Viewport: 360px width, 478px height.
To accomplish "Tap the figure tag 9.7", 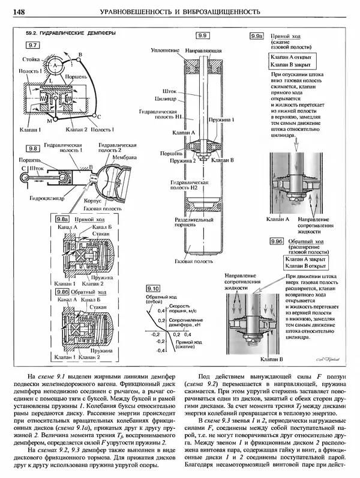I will [33, 45].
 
